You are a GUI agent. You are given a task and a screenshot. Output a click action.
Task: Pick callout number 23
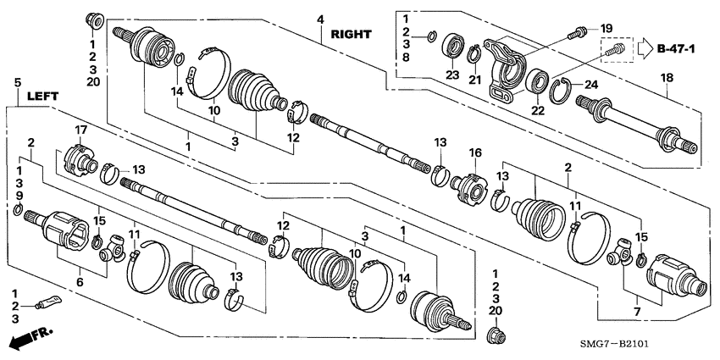click(451, 76)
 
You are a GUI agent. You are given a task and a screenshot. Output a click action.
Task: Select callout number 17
click(82, 130)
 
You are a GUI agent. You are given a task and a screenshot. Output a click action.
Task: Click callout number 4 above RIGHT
click(321, 19)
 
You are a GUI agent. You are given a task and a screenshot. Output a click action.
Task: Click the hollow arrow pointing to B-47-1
click(645, 47)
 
